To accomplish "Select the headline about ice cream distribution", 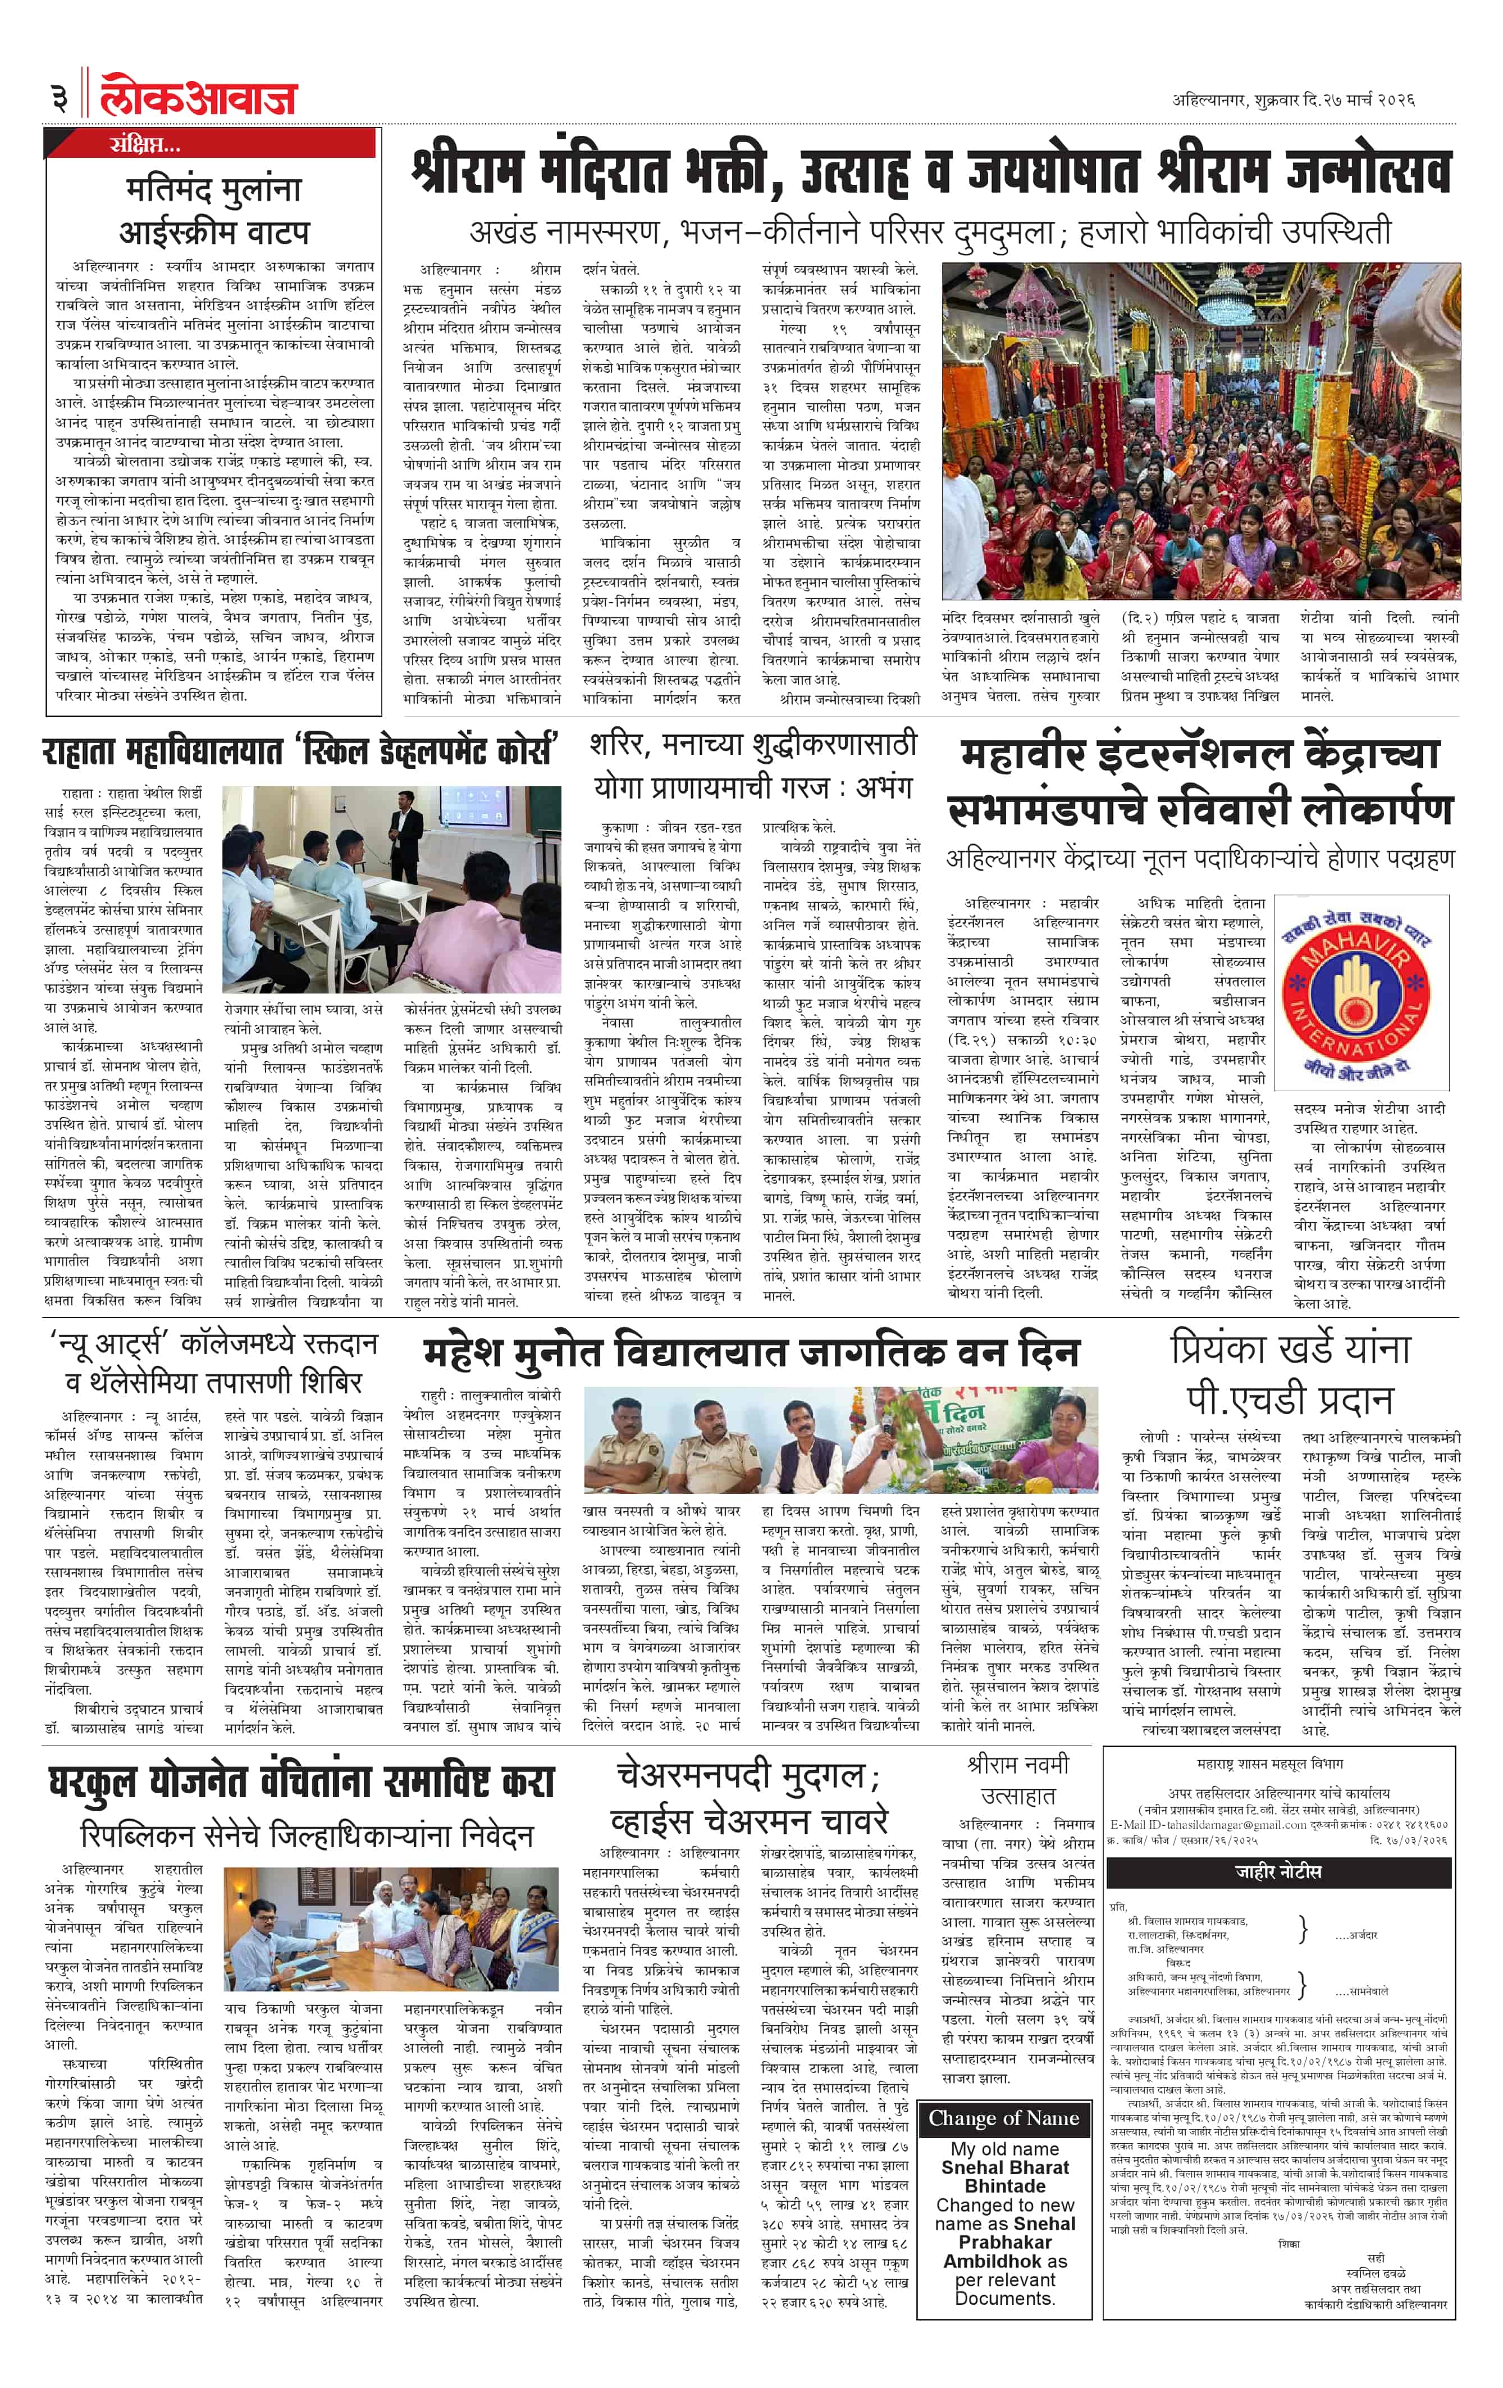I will tap(213, 209).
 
